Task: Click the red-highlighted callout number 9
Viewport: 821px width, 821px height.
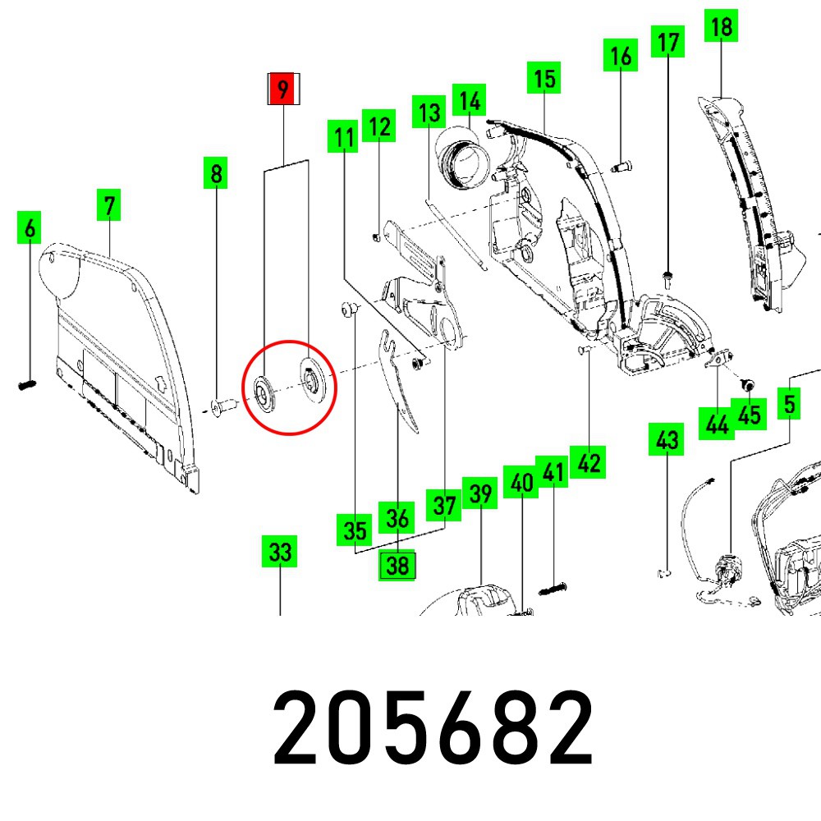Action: coord(283,89)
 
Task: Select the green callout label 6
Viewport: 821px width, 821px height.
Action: coord(30,227)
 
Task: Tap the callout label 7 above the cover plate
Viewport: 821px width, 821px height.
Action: coord(109,204)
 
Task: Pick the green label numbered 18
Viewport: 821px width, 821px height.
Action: coord(721,26)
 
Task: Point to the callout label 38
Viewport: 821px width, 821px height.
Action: coord(397,565)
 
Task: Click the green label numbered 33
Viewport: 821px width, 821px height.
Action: coord(280,553)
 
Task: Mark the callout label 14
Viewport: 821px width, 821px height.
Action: coord(469,101)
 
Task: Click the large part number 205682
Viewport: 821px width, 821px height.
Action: coord(433,727)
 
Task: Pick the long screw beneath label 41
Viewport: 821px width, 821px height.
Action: coord(555,588)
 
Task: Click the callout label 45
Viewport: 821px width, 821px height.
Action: coord(749,415)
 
